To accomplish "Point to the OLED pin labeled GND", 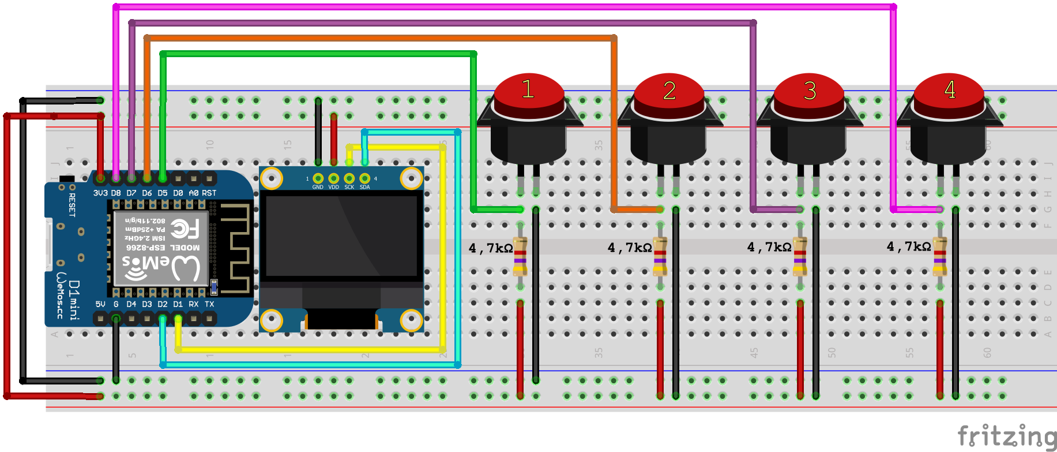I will click(x=318, y=178).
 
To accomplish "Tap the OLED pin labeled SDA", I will click(x=364, y=178).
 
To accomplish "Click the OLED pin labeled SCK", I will click(x=349, y=178).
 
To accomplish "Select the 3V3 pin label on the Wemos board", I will click(x=100, y=193).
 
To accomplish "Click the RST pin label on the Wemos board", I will click(x=209, y=193).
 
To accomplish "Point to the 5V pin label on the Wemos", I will click(x=100, y=304).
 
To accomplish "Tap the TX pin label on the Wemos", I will click(x=209, y=304).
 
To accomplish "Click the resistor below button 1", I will click(x=520, y=256).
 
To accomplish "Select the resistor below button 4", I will click(x=940, y=256).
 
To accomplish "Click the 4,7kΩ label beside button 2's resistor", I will click(x=630, y=248).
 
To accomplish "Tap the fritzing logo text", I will click(x=1006, y=436).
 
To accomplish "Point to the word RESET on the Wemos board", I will click(x=72, y=205).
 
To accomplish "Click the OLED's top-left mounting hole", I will click(x=272, y=179).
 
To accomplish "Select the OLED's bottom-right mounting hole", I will click(x=411, y=319).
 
